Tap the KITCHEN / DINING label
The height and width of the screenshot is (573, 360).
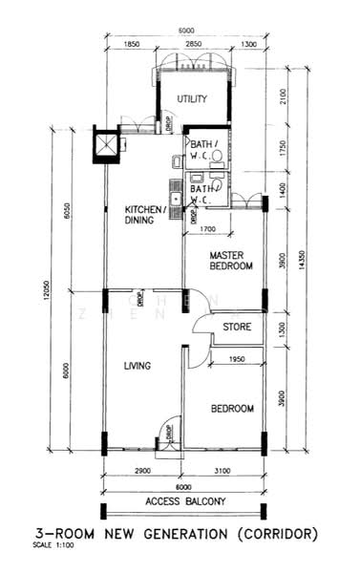click(x=146, y=214)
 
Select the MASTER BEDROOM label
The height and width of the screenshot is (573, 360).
click(x=231, y=261)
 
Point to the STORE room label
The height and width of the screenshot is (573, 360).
click(x=237, y=328)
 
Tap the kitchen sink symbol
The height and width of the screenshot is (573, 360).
click(x=175, y=202)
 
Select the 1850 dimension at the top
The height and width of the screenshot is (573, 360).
click(x=132, y=45)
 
